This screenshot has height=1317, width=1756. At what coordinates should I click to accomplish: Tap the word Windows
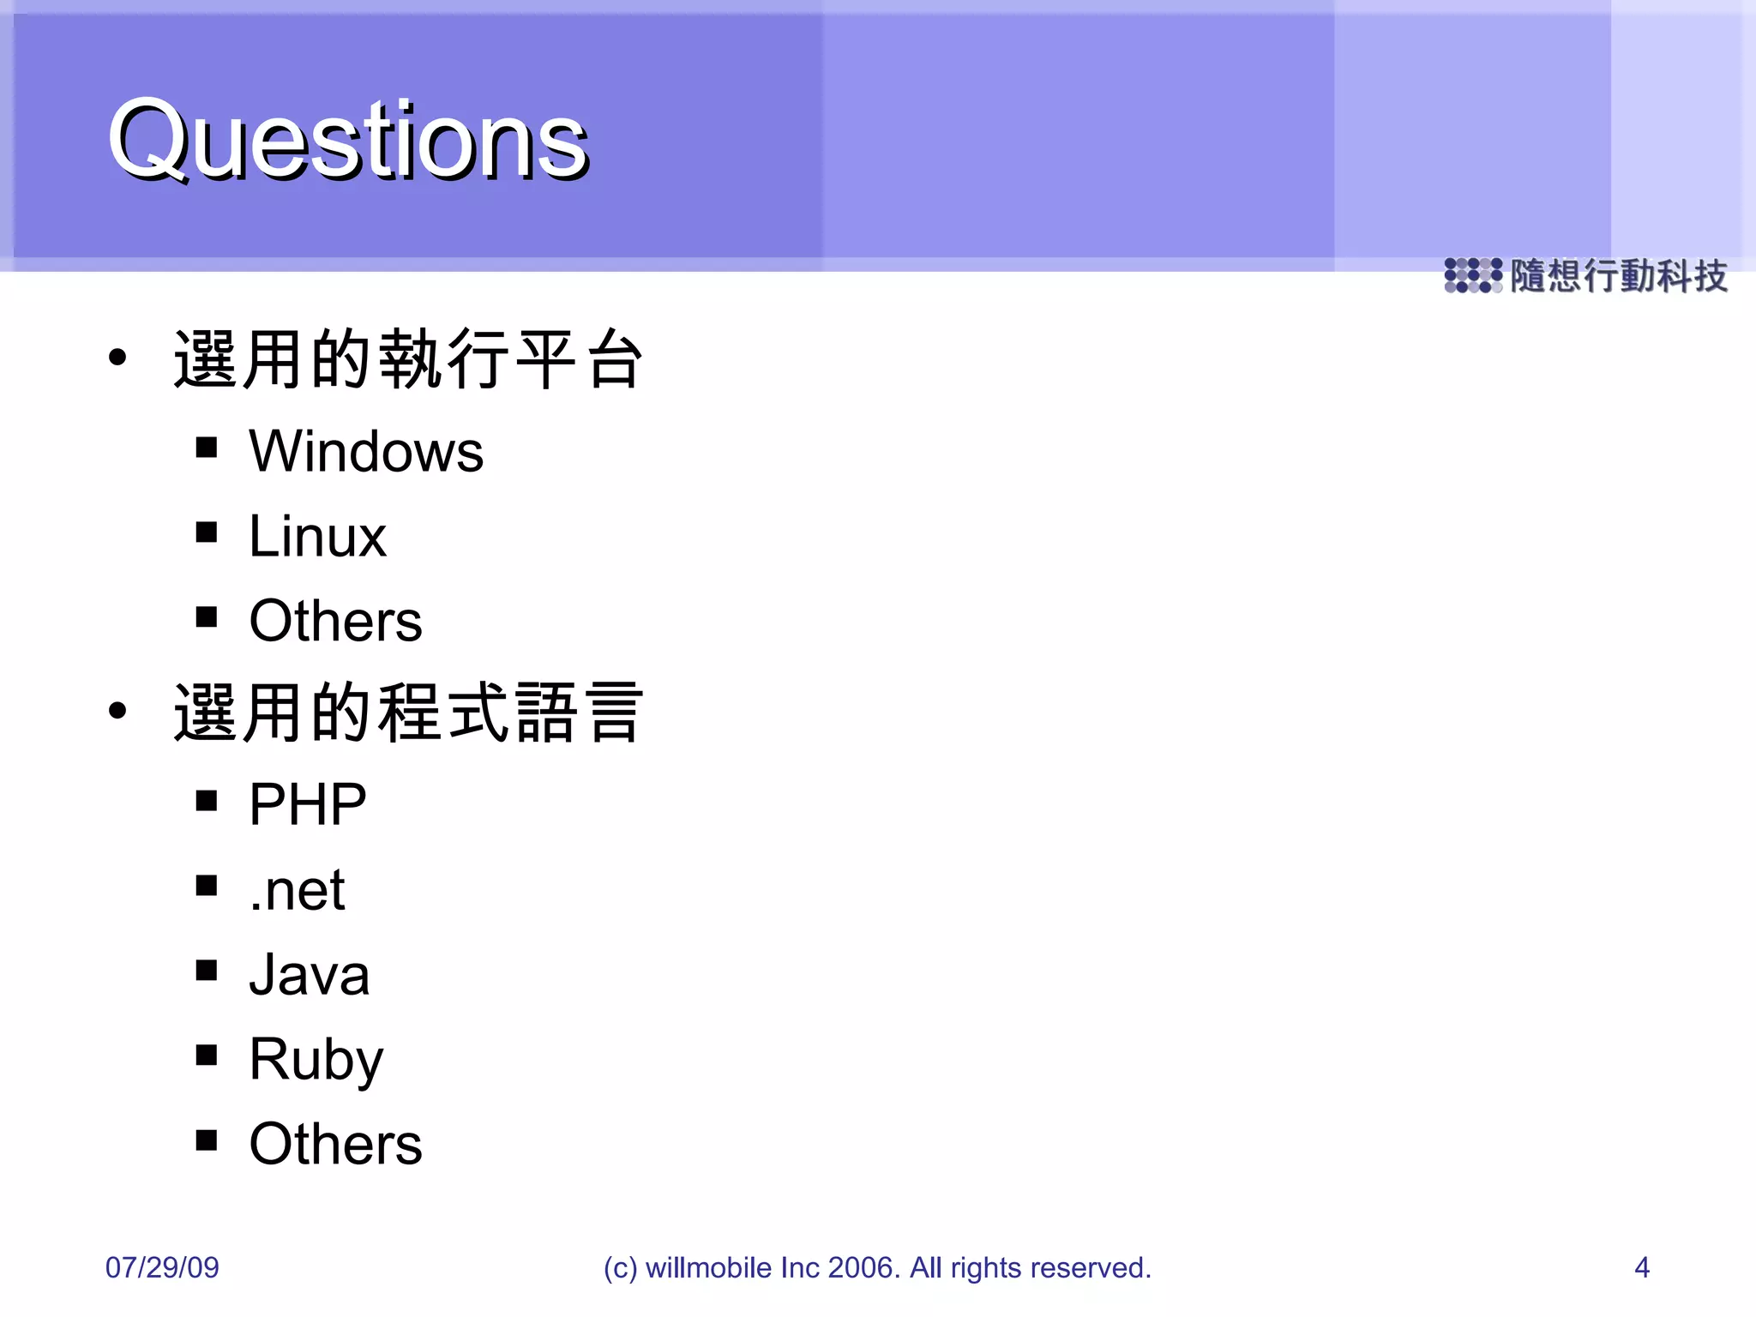point(366,452)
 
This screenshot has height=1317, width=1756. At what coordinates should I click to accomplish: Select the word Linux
point(317,537)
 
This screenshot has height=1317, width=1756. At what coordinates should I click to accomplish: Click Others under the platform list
point(335,621)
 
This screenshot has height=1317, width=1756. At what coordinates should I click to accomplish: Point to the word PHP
point(307,804)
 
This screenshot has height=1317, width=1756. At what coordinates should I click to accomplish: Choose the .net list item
point(297,890)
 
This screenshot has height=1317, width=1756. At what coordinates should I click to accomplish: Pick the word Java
point(309,975)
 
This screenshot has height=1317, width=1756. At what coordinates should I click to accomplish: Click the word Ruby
point(316,1060)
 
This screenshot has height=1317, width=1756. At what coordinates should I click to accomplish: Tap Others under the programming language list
point(335,1144)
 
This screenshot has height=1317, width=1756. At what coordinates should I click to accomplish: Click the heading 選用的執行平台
point(408,359)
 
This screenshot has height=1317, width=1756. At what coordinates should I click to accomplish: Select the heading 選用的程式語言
point(408,713)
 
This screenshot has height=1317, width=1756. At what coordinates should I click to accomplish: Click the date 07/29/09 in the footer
point(162,1267)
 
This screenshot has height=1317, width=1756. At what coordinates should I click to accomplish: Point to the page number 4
point(1641,1267)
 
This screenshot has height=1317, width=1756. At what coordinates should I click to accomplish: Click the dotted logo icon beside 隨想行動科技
point(1472,275)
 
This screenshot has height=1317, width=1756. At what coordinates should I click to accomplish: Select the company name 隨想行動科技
point(1618,276)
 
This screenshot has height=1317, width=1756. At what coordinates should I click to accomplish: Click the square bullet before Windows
point(206,447)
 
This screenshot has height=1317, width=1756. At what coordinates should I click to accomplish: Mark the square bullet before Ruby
point(206,1054)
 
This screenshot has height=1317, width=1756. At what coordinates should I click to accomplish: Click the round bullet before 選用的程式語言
point(118,710)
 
